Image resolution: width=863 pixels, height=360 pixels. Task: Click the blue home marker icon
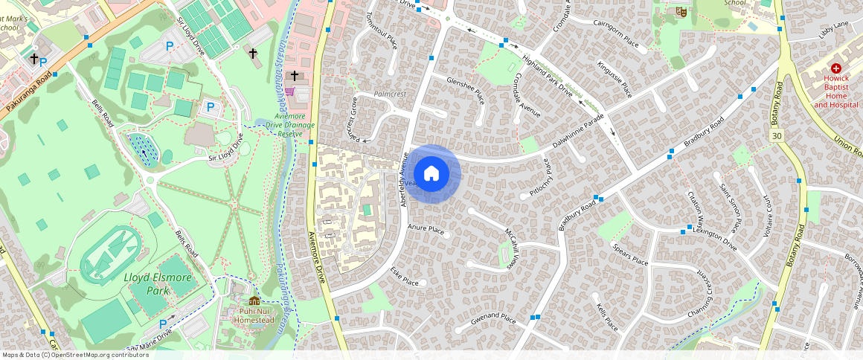coord(431,174)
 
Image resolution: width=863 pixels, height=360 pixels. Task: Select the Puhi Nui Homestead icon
coord(254,300)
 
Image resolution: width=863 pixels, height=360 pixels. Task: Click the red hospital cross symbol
coord(835,68)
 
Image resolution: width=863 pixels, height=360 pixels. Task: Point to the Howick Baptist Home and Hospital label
coord(835,91)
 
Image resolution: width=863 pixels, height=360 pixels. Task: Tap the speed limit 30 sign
coord(777,136)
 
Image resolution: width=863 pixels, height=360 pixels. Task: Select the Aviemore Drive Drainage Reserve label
coord(289,125)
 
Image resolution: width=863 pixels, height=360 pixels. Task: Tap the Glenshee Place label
coord(465,90)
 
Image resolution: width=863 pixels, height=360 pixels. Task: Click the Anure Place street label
coord(426,230)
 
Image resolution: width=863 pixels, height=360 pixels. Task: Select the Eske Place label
coord(405,277)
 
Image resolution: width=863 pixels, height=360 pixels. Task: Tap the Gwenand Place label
coord(493,320)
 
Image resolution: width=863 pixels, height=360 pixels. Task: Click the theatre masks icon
coord(680,12)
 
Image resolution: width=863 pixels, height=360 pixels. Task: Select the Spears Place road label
coord(629,254)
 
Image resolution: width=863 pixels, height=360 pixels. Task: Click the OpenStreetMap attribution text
coord(75,355)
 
